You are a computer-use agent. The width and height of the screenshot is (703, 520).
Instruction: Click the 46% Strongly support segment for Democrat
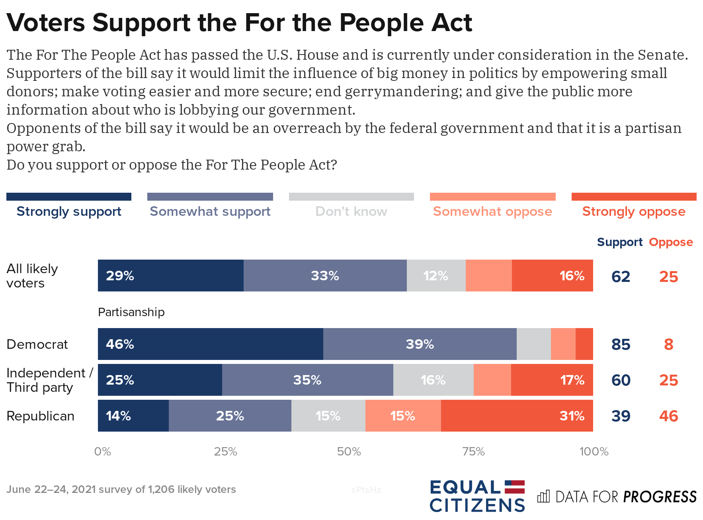(x=210, y=344)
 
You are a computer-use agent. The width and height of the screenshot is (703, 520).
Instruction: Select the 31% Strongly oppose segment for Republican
(x=517, y=416)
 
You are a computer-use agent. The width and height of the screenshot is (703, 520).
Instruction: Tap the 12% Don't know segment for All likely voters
(x=436, y=276)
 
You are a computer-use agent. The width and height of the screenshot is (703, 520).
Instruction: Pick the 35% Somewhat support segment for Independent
(x=307, y=380)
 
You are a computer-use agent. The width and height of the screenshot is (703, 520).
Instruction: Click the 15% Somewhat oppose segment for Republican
(x=403, y=416)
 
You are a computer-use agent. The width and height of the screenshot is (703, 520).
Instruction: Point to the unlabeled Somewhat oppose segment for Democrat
(x=563, y=344)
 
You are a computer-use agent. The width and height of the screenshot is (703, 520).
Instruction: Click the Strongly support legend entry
(x=69, y=211)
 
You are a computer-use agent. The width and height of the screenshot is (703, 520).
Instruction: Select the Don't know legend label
(x=351, y=211)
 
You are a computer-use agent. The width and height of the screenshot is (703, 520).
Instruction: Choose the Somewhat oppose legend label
(x=492, y=211)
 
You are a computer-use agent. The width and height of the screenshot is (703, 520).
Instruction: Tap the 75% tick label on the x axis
(x=473, y=452)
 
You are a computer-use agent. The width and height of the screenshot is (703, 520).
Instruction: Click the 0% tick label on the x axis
(x=102, y=452)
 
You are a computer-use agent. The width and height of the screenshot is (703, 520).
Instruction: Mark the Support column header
(x=619, y=242)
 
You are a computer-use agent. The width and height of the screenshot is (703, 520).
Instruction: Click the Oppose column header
(x=671, y=242)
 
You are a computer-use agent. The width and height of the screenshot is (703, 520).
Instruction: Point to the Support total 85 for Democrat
(x=621, y=344)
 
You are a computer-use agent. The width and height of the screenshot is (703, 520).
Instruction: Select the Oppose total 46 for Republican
(x=668, y=416)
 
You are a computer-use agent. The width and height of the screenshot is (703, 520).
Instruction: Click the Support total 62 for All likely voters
(x=621, y=277)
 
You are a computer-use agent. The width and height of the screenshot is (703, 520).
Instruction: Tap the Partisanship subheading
(x=131, y=312)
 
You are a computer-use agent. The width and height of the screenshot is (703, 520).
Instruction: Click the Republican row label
(x=40, y=416)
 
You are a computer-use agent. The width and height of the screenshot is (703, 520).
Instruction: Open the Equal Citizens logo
(x=477, y=496)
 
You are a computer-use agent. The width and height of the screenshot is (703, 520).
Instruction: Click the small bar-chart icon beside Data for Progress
(x=543, y=497)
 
